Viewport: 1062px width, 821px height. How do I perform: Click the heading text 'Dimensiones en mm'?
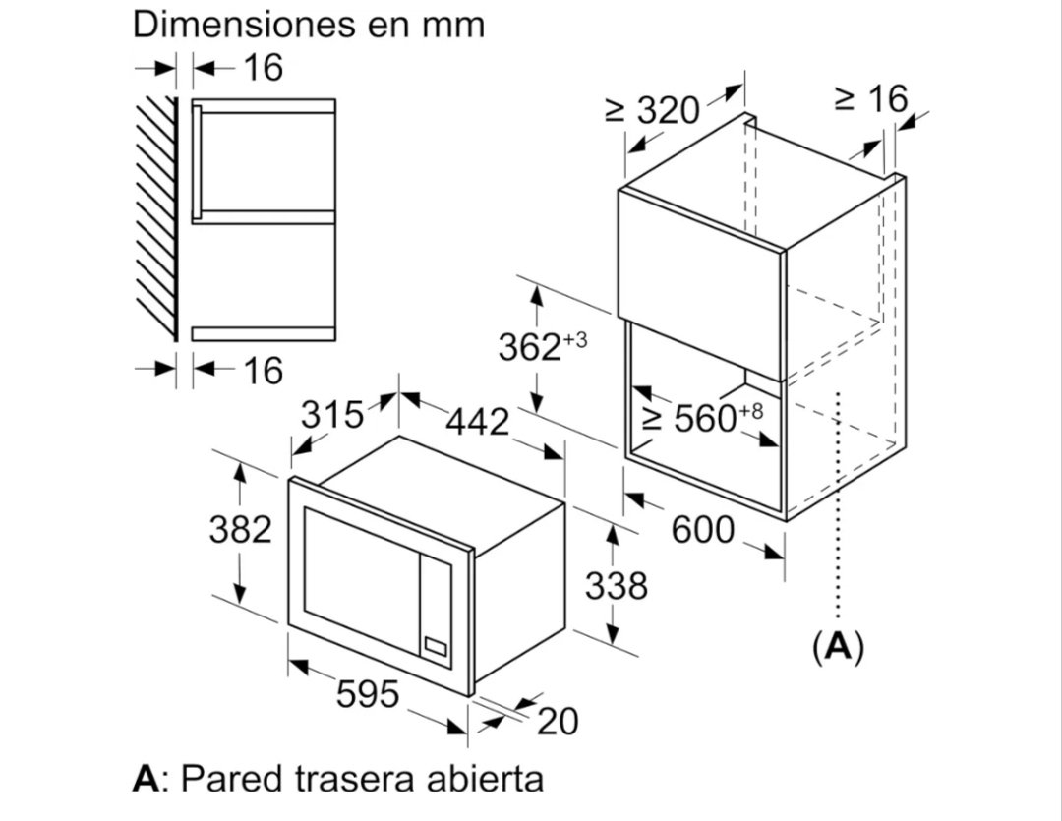click(x=309, y=24)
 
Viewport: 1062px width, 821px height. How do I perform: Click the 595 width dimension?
click(x=368, y=693)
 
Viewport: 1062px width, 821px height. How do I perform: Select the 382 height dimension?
click(x=241, y=529)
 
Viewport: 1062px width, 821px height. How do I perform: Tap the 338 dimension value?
click(x=617, y=585)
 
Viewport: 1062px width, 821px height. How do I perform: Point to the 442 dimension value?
click(x=478, y=422)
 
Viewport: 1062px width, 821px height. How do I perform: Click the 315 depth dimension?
click(x=332, y=414)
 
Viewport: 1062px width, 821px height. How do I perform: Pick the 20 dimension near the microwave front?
click(x=559, y=721)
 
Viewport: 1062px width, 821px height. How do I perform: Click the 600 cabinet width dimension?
click(x=702, y=529)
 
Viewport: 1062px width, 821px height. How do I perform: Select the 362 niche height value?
click(x=530, y=347)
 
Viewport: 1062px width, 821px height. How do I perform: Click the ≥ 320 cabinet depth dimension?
click(x=652, y=110)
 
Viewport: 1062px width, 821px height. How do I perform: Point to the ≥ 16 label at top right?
click(x=871, y=99)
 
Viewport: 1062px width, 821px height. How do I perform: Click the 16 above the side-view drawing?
click(x=263, y=68)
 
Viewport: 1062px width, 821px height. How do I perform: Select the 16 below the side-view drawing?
click(x=263, y=371)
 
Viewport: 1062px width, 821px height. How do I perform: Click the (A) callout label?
click(x=839, y=647)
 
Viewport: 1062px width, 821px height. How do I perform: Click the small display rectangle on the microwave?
click(x=436, y=646)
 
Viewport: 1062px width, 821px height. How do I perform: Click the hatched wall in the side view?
click(x=157, y=219)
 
